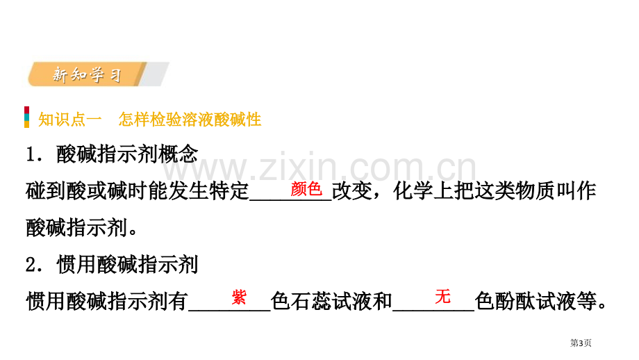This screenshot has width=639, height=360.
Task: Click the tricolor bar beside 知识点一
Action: [x=27, y=117]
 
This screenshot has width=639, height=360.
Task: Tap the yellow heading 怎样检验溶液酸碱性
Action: [x=190, y=120]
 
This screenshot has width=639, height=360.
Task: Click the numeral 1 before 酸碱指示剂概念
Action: [x=32, y=156]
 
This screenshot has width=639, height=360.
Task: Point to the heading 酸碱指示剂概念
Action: [x=127, y=154]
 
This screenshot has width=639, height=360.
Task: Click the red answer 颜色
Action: [x=306, y=189]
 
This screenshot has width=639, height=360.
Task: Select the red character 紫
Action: [x=239, y=297]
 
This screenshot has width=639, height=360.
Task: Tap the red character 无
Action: [x=442, y=296]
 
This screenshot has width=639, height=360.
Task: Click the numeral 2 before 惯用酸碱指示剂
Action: [x=32, y=265]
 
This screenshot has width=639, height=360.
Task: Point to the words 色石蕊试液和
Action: [x=331, y=302]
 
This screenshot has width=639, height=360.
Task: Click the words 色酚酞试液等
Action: [x=540, y=302]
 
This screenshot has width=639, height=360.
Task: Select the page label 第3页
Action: [x=581, y=343]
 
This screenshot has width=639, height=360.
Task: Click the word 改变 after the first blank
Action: [x=352, y=191]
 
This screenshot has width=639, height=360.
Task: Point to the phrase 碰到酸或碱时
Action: [x=87, y=191]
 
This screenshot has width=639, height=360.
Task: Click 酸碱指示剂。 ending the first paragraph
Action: [x=81, y=228]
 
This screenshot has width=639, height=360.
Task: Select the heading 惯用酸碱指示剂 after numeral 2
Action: [x=127, y=265]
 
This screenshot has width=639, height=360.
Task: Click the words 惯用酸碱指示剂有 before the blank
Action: [x=107, y=302]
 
